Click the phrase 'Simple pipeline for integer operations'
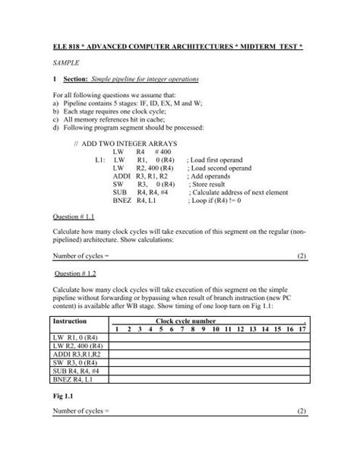[x=156, y=78]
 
